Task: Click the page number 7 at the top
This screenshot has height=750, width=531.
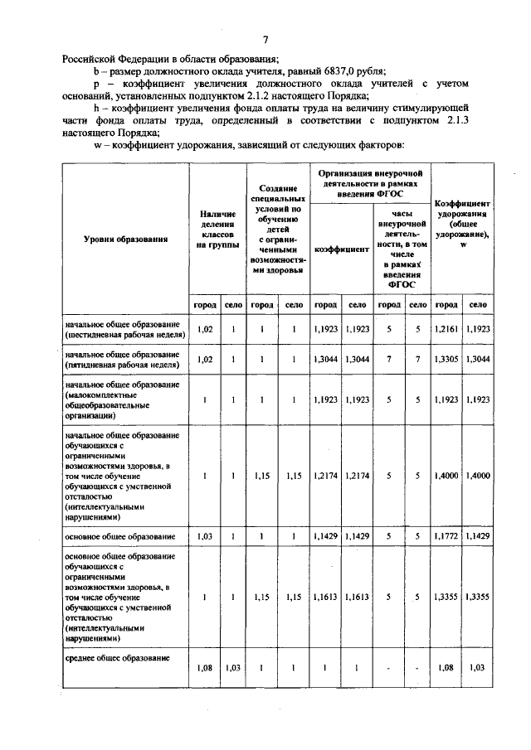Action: (265, 40)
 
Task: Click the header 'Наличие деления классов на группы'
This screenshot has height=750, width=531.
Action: (218, 230)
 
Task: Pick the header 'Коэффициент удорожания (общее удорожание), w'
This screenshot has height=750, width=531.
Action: (462, 225)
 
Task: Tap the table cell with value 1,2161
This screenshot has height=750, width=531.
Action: (446, 329)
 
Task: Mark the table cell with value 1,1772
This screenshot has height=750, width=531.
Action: (446, 537)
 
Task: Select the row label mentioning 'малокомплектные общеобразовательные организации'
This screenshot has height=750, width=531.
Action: (116, 400)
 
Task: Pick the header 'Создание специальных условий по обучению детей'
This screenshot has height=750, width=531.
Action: (278, 230)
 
